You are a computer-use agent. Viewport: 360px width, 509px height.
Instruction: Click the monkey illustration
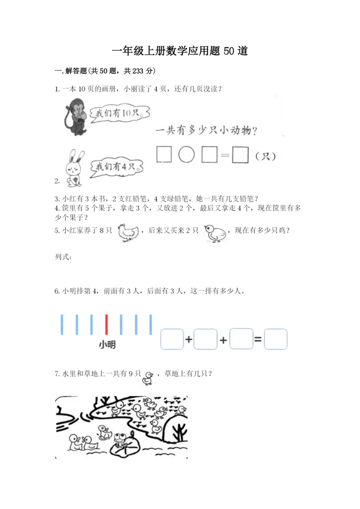(76, 117)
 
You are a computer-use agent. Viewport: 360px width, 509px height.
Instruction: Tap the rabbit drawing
(74, 168)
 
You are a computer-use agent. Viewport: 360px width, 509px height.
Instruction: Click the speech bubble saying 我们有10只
(119, 113)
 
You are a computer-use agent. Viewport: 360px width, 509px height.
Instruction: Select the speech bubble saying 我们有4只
(116, 167)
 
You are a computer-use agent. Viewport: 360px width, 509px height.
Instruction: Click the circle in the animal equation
(187, 154)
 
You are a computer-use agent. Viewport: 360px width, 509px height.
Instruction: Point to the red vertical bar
(106, 324)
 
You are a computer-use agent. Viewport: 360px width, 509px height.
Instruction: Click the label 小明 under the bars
(107, 344)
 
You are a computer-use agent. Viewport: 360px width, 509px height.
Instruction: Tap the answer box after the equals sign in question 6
(275, 339)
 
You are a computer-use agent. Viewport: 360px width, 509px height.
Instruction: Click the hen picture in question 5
(128, 233)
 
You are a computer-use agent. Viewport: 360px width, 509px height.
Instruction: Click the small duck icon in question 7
(148, 378)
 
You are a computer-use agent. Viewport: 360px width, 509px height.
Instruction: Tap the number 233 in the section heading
(138, 71)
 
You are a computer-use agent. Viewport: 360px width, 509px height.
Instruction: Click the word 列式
(63, 257)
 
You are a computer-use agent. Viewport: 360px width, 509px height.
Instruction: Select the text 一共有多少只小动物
(203, 131)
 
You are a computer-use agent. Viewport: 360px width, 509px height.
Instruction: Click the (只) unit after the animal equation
(265, 157)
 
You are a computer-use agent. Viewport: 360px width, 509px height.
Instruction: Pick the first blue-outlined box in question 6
(172, 339)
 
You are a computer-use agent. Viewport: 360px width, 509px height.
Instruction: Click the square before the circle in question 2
(164, 154)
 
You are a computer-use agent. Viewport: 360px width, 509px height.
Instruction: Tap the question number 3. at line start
(57, 199)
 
